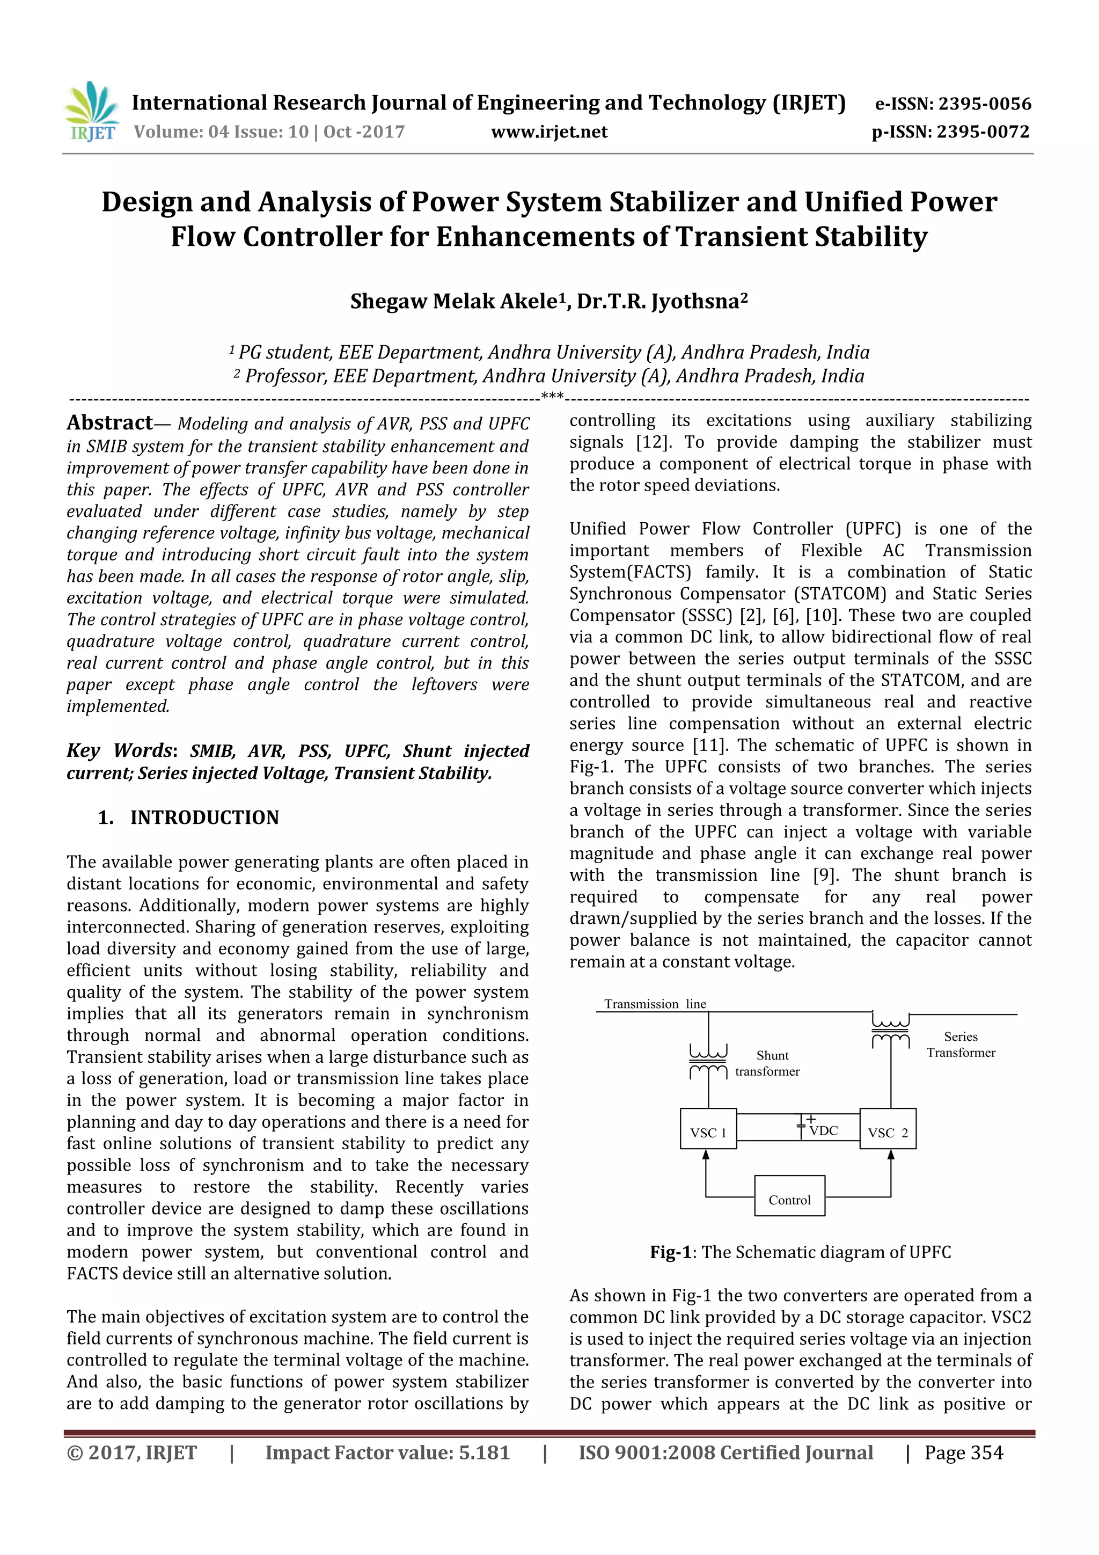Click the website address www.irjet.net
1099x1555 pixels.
(x=549, y=132)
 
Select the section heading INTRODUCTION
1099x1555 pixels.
(x=204, y=817)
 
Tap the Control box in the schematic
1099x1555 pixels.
(x=789, y=1200)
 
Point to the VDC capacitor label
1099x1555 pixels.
(x=823, y=1130)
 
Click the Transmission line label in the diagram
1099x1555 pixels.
(x=655, y=1004)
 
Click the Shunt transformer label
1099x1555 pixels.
(x=768, y=1063)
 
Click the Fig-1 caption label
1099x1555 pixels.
(x=670, y=1252)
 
